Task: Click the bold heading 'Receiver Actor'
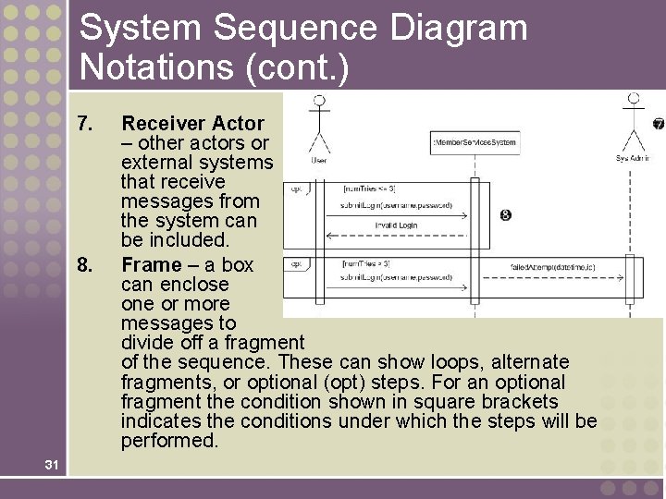click(x=192, y=123)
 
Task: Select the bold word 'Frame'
click(x=152, y=265)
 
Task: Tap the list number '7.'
click(x=86, y=123)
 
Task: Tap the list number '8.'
click(x=86, y=265)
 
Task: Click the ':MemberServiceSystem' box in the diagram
click(x=475, y=142)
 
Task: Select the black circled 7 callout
click(x=658, y=124)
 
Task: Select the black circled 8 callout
click(x=505, y=215)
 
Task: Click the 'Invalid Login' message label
click(x=396, y=225)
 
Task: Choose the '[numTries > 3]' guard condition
click(x=366, y=263)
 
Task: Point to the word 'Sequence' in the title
click(x=295, y=28)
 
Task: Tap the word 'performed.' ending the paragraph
click(x=170, y=441)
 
